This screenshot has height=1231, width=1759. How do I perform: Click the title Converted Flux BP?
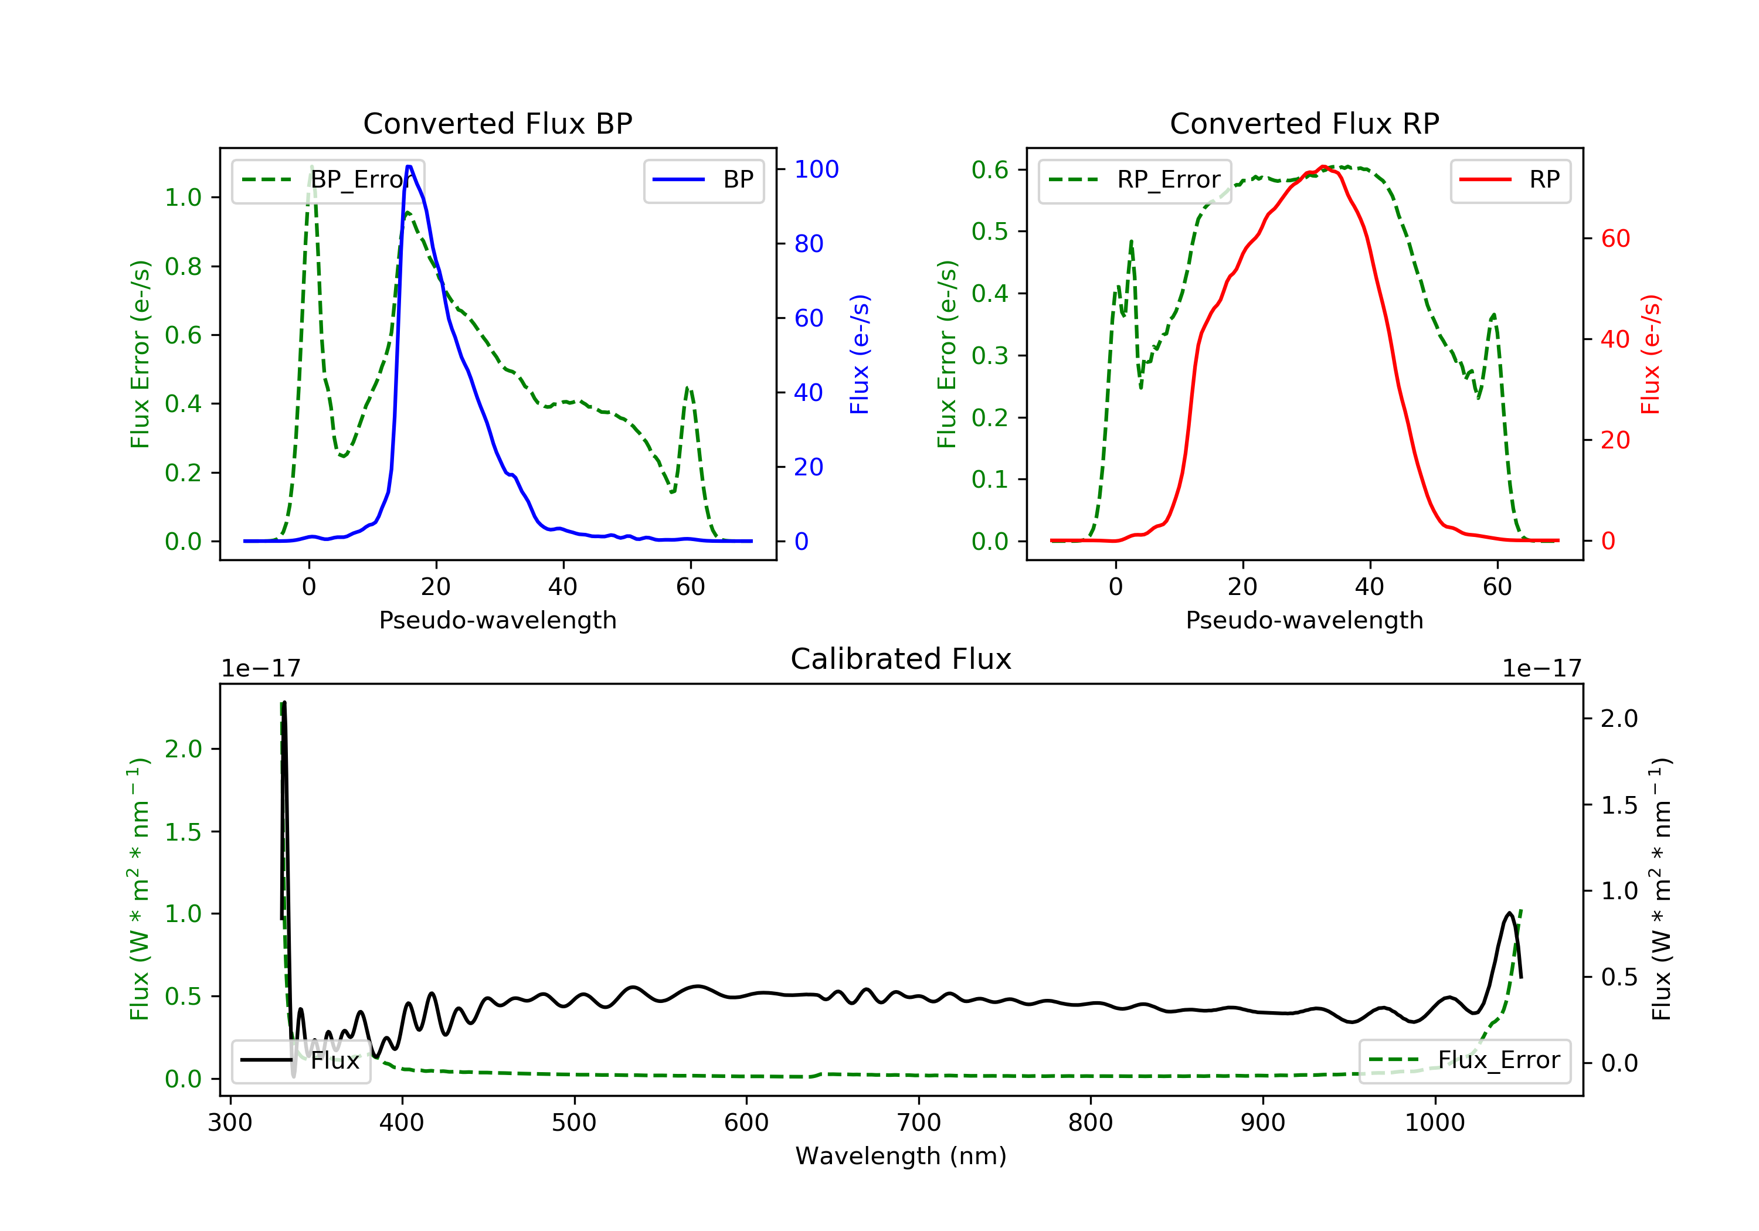click(x=497, y=123)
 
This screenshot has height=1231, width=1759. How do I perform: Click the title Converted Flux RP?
click(x=1304, y=123)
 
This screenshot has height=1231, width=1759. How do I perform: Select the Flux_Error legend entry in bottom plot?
click(x=1465, y=1060)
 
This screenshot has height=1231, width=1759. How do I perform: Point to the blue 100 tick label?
click(x=816, y=169)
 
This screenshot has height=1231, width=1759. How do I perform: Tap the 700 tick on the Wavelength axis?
click(x=919, y=1123)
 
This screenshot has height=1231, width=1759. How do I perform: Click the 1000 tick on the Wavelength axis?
click(x=1434, y=1123)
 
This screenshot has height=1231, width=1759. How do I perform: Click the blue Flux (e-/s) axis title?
click(x=860, y=354)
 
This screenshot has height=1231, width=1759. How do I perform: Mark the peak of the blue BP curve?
click(x=409, y=166)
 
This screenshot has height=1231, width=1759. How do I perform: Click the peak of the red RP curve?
click(x=1323, y=167)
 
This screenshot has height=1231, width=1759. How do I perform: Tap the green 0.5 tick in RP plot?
click(x=990, y=232)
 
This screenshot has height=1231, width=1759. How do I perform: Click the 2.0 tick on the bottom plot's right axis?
click(x=1619, y=719)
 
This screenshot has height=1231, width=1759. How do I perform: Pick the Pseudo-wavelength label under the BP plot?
click(x=497, y=620)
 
